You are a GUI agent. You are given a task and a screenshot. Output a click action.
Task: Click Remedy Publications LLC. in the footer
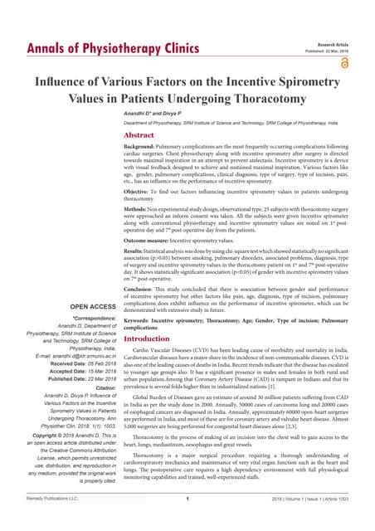tap(51, 520)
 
